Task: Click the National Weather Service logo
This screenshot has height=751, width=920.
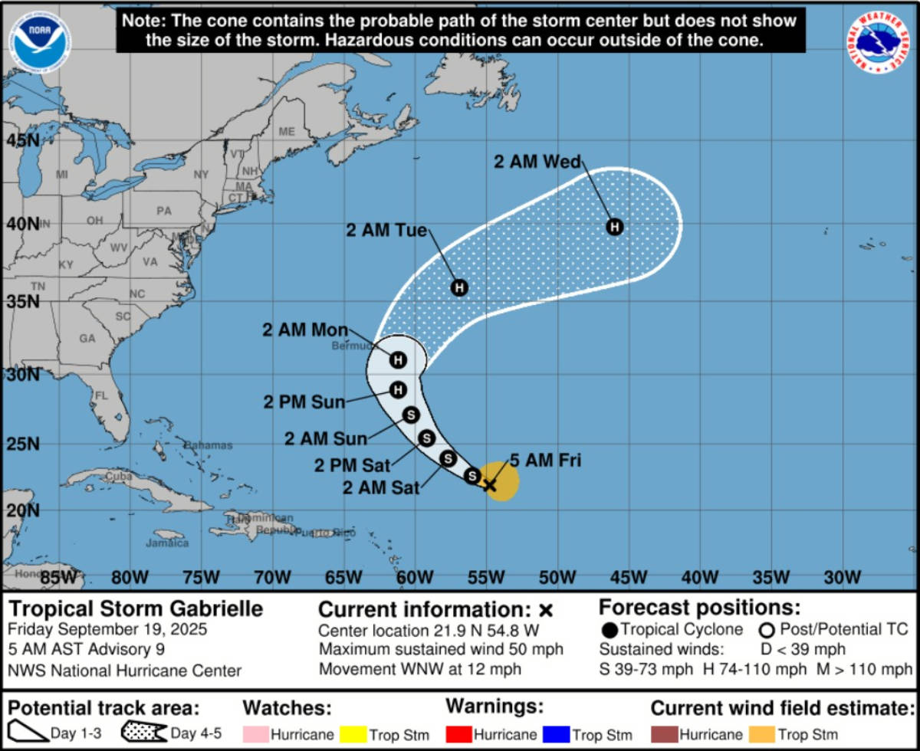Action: coord(879,42)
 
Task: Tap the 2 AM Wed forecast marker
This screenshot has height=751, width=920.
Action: coord(614,227)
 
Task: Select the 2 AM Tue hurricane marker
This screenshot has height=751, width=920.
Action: coord(458,288)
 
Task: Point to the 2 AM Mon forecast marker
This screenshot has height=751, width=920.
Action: coord(398,359)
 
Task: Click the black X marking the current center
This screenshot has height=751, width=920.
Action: coord(488,484)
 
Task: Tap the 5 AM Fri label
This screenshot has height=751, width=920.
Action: coord(545,461)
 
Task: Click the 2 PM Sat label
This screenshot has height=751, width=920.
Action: coord(353,464)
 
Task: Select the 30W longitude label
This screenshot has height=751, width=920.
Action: coord(843,576)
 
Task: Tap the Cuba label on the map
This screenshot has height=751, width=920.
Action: coord(119,476)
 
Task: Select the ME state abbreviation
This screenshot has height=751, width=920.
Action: coord(287,132)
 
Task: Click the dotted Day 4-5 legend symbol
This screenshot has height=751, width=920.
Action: coord(144,733)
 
